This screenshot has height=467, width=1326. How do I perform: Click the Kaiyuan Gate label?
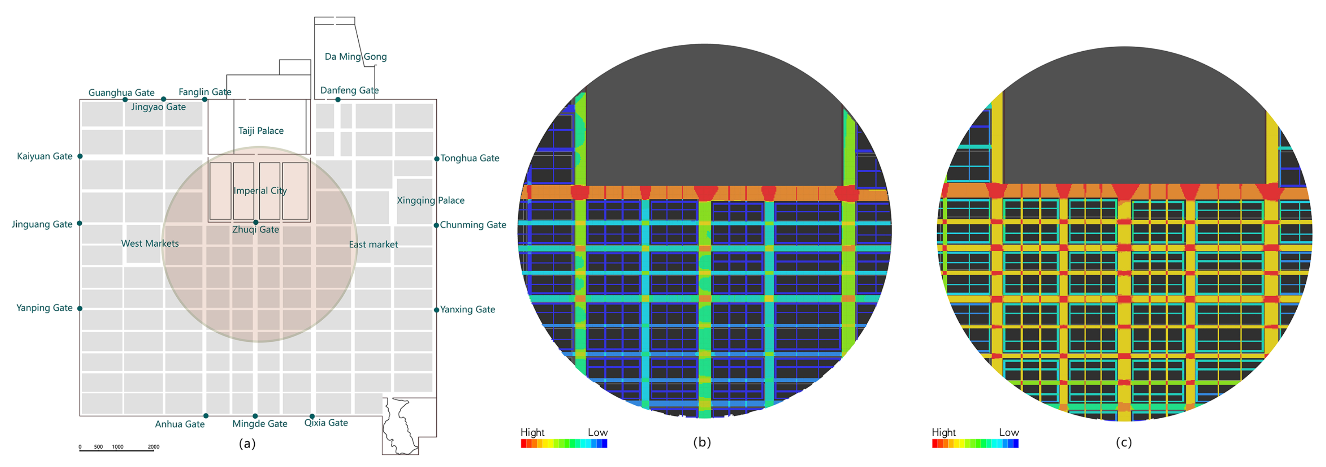45,156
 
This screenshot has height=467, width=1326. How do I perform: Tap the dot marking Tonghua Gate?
437,159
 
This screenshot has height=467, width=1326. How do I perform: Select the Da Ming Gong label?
355,56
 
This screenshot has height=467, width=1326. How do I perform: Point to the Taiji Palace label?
261,130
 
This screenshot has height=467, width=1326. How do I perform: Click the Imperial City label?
260,191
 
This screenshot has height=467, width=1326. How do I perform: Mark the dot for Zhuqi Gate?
256,222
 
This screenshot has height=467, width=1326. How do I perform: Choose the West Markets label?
150,244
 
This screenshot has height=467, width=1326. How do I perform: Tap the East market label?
373,245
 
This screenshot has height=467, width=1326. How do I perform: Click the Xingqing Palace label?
430,201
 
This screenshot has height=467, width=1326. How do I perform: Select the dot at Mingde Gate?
255,415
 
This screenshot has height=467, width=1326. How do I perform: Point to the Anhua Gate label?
179,424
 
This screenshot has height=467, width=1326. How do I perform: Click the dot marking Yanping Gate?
80,308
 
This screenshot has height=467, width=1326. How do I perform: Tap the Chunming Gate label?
473,225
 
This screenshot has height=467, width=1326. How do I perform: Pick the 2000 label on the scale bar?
153,447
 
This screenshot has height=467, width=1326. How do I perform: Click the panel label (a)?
247,443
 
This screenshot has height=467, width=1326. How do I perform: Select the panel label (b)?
702,442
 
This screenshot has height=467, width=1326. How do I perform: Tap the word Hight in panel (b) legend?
532,432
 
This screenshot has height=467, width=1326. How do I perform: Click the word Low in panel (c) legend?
1009,432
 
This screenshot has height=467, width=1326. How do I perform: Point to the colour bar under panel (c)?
975,443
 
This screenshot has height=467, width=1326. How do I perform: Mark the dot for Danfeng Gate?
338,100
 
